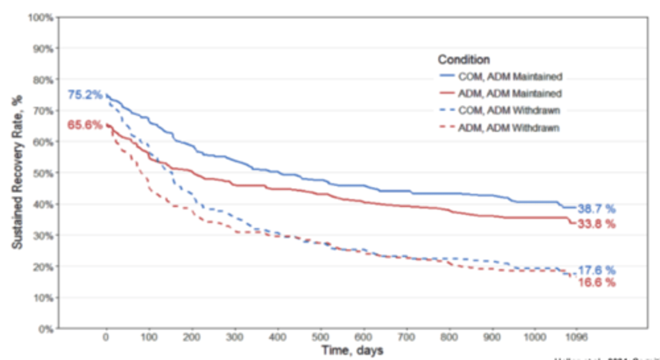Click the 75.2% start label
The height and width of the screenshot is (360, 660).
pyautogui.click(x=85, y=95)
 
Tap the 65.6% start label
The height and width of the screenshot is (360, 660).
pyautogui.click(x=85, y=125)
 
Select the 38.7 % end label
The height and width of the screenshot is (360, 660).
pyautogui.click(x=596, y=209)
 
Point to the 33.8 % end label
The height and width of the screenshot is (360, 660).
pyautogui.click(x=596, y=224)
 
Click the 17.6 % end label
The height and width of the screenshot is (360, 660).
pyautogui.click(x=596, y=271)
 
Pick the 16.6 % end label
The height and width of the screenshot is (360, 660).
pyautogui.click(x=596, y=283)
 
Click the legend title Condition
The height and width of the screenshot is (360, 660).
pyautogui.click(x=464, y=60)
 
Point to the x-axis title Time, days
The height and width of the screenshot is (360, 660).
pyautogui.click(x=352, y=351)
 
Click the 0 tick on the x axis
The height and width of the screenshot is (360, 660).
pyautogui.click(x=106, y=337)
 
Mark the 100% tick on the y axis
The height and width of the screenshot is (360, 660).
pyautogui.click(x=41, y=17)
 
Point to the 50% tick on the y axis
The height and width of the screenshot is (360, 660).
pyautogui.click(x=43, y=173)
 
